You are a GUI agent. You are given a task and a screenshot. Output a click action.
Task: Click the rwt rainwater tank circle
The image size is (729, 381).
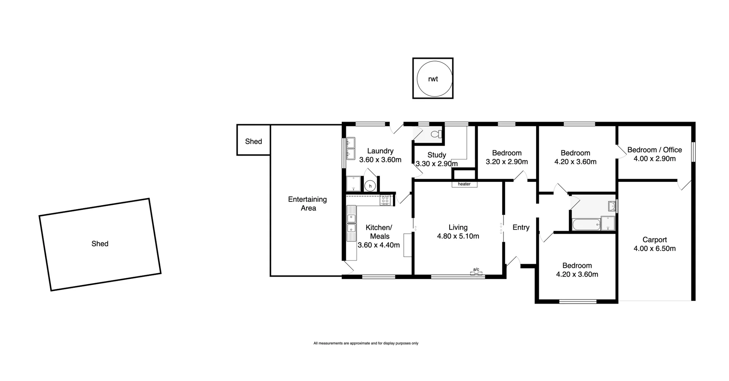tap(433, 79)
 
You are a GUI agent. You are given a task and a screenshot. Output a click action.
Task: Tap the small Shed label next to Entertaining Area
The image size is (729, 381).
tap(253, 142)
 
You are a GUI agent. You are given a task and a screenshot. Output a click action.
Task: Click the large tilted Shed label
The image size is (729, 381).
tap(100, 244)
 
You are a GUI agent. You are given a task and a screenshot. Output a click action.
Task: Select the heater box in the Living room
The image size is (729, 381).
tap(464, 184)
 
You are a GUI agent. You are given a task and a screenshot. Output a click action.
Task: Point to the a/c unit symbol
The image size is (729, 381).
tap(476, 272)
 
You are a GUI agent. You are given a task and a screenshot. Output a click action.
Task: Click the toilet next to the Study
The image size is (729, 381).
tap(437, 134)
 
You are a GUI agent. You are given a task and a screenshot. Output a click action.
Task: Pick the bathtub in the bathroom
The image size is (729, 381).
tap(586, 224)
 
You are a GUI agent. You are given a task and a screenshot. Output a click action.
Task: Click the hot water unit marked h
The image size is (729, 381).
tap(370, 186)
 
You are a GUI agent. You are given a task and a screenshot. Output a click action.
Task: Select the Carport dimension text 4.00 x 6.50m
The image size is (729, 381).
tap(655, 249)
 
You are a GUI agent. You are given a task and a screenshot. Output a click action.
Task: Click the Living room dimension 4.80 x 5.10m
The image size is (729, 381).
tap(458, 236)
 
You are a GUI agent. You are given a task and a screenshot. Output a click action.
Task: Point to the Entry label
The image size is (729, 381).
tap(521, 227)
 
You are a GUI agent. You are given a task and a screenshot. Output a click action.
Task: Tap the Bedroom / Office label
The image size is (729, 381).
tap(654, 150)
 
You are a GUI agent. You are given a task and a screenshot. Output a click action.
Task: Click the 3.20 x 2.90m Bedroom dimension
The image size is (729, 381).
tap(507, 162)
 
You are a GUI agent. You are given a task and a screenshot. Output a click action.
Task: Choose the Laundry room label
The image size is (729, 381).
tap(380, 151)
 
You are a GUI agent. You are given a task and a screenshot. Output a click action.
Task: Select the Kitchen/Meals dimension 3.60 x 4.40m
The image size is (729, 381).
tap(379, 245)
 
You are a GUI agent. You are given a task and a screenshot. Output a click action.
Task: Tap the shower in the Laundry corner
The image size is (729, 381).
tap(353, 184)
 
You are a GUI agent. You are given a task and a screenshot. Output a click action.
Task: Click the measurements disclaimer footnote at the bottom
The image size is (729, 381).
tap(366, 343)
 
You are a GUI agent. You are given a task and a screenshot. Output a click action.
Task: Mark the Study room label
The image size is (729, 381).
tap(436, 155)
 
